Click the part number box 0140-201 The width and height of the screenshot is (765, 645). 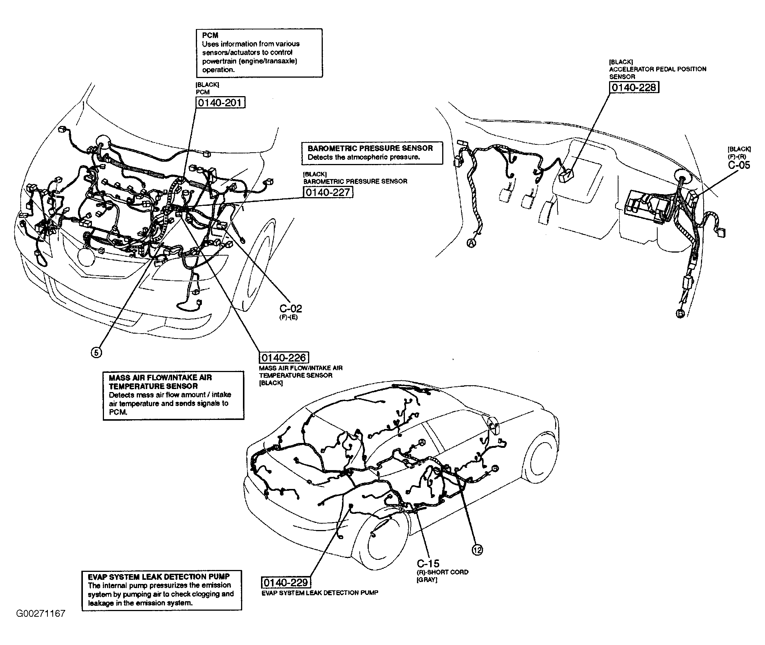click(220, 103)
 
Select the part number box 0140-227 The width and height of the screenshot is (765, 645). click(328, 192)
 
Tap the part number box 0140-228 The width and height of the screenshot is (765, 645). click(634, 87)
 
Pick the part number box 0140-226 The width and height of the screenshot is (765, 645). click(283, 357)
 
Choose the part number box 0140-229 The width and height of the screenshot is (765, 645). click(286, 582)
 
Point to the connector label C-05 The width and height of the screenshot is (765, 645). click(739, 165)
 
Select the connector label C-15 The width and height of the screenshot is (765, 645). click(428, 564)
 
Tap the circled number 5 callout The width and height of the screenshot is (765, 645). click(96, 352)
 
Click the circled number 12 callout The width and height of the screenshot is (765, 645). click(477, 550)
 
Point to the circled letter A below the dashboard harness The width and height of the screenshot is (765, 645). click(472, 243)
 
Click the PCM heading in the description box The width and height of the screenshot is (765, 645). click(210, 35)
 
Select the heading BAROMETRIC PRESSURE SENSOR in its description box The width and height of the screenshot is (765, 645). click(370, 148)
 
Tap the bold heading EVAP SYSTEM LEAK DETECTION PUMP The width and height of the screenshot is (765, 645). click(159, 576)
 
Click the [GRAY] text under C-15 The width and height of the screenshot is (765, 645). click(427, 580)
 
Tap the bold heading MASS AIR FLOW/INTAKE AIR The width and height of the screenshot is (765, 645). click(160, 377)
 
